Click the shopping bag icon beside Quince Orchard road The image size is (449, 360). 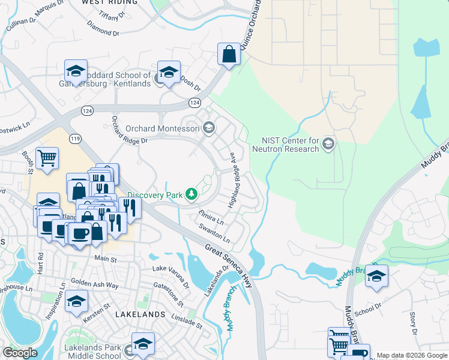pos(229,55)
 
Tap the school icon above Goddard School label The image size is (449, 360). pos(76,72)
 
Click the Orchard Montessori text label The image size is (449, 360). pos(163,128)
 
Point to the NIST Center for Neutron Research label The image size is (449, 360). pos(285,144)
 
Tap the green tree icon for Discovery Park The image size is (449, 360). pos(191,194)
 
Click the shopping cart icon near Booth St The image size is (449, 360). pos(47,158)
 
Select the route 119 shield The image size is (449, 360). pos(75,139)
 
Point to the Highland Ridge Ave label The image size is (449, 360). pos(240,179)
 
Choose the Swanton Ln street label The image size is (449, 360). pos(214,232)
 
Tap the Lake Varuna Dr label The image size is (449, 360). pos(170,272)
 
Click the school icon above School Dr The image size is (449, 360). pos(376,277)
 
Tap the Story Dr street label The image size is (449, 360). pos(413,323)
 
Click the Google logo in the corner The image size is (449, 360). pos(20,353)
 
